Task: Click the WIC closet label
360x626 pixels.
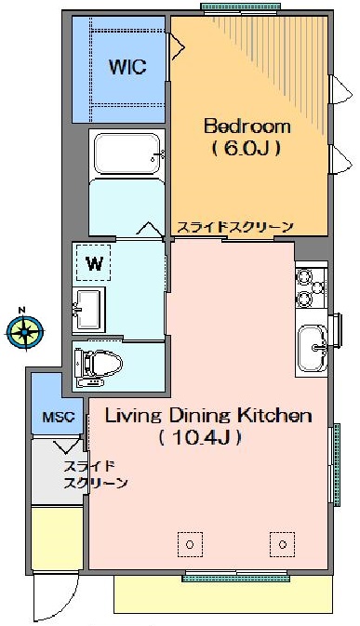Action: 127,67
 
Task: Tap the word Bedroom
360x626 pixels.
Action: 247,127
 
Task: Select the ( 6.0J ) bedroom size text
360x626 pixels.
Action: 247,149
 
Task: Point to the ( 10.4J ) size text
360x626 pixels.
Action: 200,438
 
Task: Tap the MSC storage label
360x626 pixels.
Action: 59,418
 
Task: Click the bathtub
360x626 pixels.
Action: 127,153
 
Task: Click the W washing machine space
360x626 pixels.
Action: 93,262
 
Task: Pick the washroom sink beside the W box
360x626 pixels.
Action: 88,310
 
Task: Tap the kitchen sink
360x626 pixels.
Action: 313,348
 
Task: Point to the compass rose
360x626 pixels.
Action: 25,331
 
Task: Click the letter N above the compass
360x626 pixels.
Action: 22,310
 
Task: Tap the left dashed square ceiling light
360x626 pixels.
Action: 190,544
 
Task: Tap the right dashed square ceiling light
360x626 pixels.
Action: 283,544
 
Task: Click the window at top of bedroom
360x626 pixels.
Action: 241,8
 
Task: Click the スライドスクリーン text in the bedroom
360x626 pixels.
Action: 235,228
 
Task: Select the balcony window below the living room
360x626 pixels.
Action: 236,576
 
